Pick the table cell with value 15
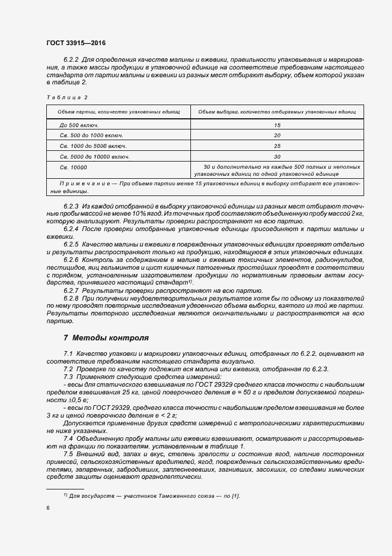(x=277, y=125)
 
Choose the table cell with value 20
(x=277, y=135)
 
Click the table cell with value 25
(x=277, y=146)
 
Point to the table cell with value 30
(x=277, y=157)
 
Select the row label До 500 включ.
(x=79, y=125)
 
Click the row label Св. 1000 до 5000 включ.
(x=94, y=146)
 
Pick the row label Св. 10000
(x=73, y=168)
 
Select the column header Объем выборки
(x=276, y=112)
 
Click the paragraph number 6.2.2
(x=71, y=60)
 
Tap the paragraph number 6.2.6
(x=71, y=260)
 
